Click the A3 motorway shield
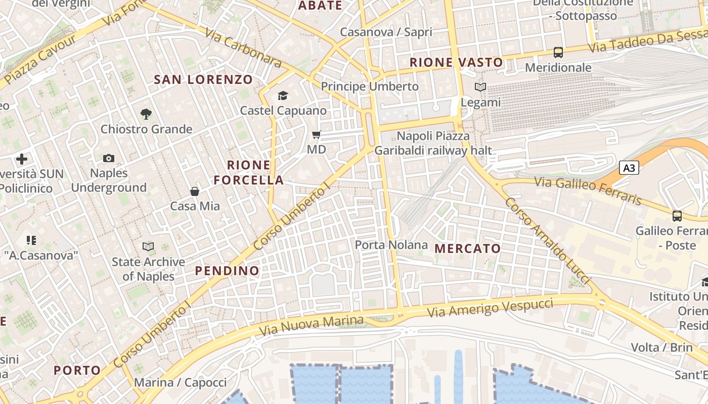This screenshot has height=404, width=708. tap(629, 168)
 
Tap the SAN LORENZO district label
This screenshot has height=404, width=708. tap(203, 79)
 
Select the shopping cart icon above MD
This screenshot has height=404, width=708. tap(317, 134)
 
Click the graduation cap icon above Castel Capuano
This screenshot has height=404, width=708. tap(283, 95)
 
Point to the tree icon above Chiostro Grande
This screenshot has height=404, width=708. tap(146, 114)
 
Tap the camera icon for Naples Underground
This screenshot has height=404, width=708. tap(109, 159)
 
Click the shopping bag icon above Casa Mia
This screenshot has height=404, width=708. tap(195, 191)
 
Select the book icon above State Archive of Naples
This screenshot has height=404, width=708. tap(148, 247)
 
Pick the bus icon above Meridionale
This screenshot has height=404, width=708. tap(558, 53)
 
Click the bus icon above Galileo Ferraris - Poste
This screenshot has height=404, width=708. tap(677, 216)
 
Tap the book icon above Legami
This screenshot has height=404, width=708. tap(480, 87)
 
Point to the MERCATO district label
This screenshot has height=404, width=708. tap(468, 248)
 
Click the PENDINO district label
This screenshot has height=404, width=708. tap(227, 271)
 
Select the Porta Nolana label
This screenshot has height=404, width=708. tap(391, 245)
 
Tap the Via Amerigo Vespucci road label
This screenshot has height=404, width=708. tap(490, 308)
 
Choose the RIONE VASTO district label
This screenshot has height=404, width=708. tap(456, 63)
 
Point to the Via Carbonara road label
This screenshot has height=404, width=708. tap(243, 47)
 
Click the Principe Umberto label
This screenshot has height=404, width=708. tap(370, 86)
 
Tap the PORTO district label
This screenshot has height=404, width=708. tap(77, 370)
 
